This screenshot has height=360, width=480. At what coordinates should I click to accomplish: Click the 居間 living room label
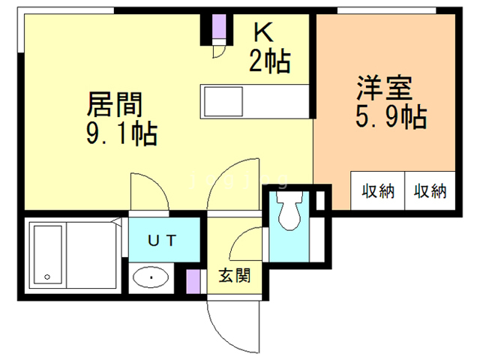pyautogui.click(x=115, y=103)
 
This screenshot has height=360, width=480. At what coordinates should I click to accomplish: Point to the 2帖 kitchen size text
pyautogui.click(x=269, y=61)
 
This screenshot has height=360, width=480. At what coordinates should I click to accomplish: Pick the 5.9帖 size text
pyautogui.click(x=390, y=117)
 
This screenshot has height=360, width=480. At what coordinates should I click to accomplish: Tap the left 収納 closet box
pyautogui.click(x=378, y=190)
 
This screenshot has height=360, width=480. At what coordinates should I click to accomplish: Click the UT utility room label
pyautogui.click(x=161, y=240)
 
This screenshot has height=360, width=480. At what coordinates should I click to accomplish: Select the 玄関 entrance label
pyautogui.click(x=234, y=275)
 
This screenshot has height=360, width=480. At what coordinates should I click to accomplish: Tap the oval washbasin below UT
pyautogui.click(x=151, y=279)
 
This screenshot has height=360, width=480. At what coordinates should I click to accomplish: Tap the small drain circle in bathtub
pyautogui.click(x=48, y=277)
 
